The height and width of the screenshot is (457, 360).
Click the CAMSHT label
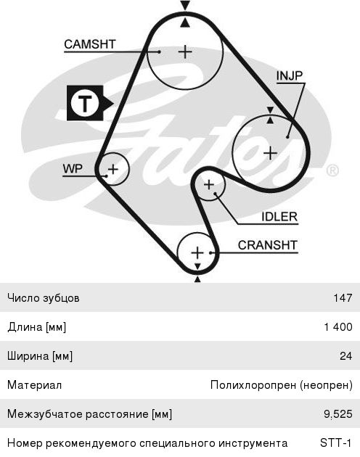coord(90,44)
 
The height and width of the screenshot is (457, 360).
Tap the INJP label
coord(290,75)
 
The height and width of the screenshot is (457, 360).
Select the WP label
coord(73,169)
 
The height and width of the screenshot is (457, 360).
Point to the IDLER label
coord(279,217)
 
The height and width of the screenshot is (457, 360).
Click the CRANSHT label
coord(268,245)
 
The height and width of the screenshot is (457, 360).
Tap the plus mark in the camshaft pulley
coord(185,52)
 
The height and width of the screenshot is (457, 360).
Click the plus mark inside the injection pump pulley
coord(270,153)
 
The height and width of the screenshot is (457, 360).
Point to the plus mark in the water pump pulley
coord(113,169)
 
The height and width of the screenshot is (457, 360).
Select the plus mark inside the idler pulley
coord(208,184)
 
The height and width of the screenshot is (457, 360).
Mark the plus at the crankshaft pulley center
coord(197,252)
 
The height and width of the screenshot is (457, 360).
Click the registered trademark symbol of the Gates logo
coord(332,170)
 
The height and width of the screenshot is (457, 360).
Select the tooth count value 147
coord(343,298)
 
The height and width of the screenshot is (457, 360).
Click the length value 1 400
coord(338,326)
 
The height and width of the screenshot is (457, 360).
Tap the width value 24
coord(346,356)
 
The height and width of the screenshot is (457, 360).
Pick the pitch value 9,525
coord(338,414)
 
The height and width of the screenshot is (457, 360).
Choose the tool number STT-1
coord(335,443)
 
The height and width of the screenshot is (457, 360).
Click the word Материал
coord(34,385)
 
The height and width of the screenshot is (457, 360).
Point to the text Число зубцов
coord(44,298)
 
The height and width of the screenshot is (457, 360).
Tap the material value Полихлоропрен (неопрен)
coord(281,385)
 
